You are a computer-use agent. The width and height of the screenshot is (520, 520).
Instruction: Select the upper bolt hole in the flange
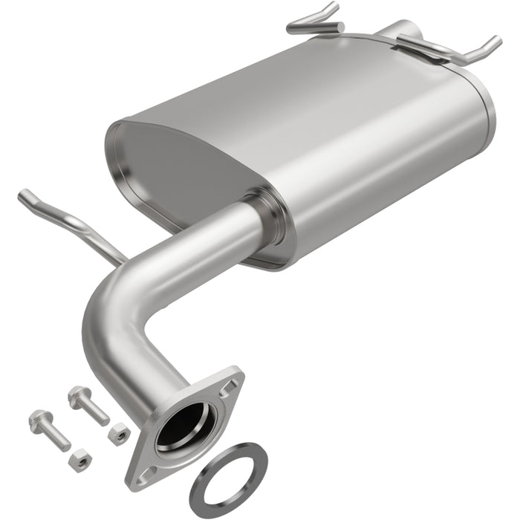231,385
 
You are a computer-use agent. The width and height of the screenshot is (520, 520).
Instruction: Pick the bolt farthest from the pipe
50,430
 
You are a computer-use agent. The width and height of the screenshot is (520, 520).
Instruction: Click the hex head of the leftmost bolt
39,421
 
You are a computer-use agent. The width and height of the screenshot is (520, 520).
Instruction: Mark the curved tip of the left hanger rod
24,197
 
